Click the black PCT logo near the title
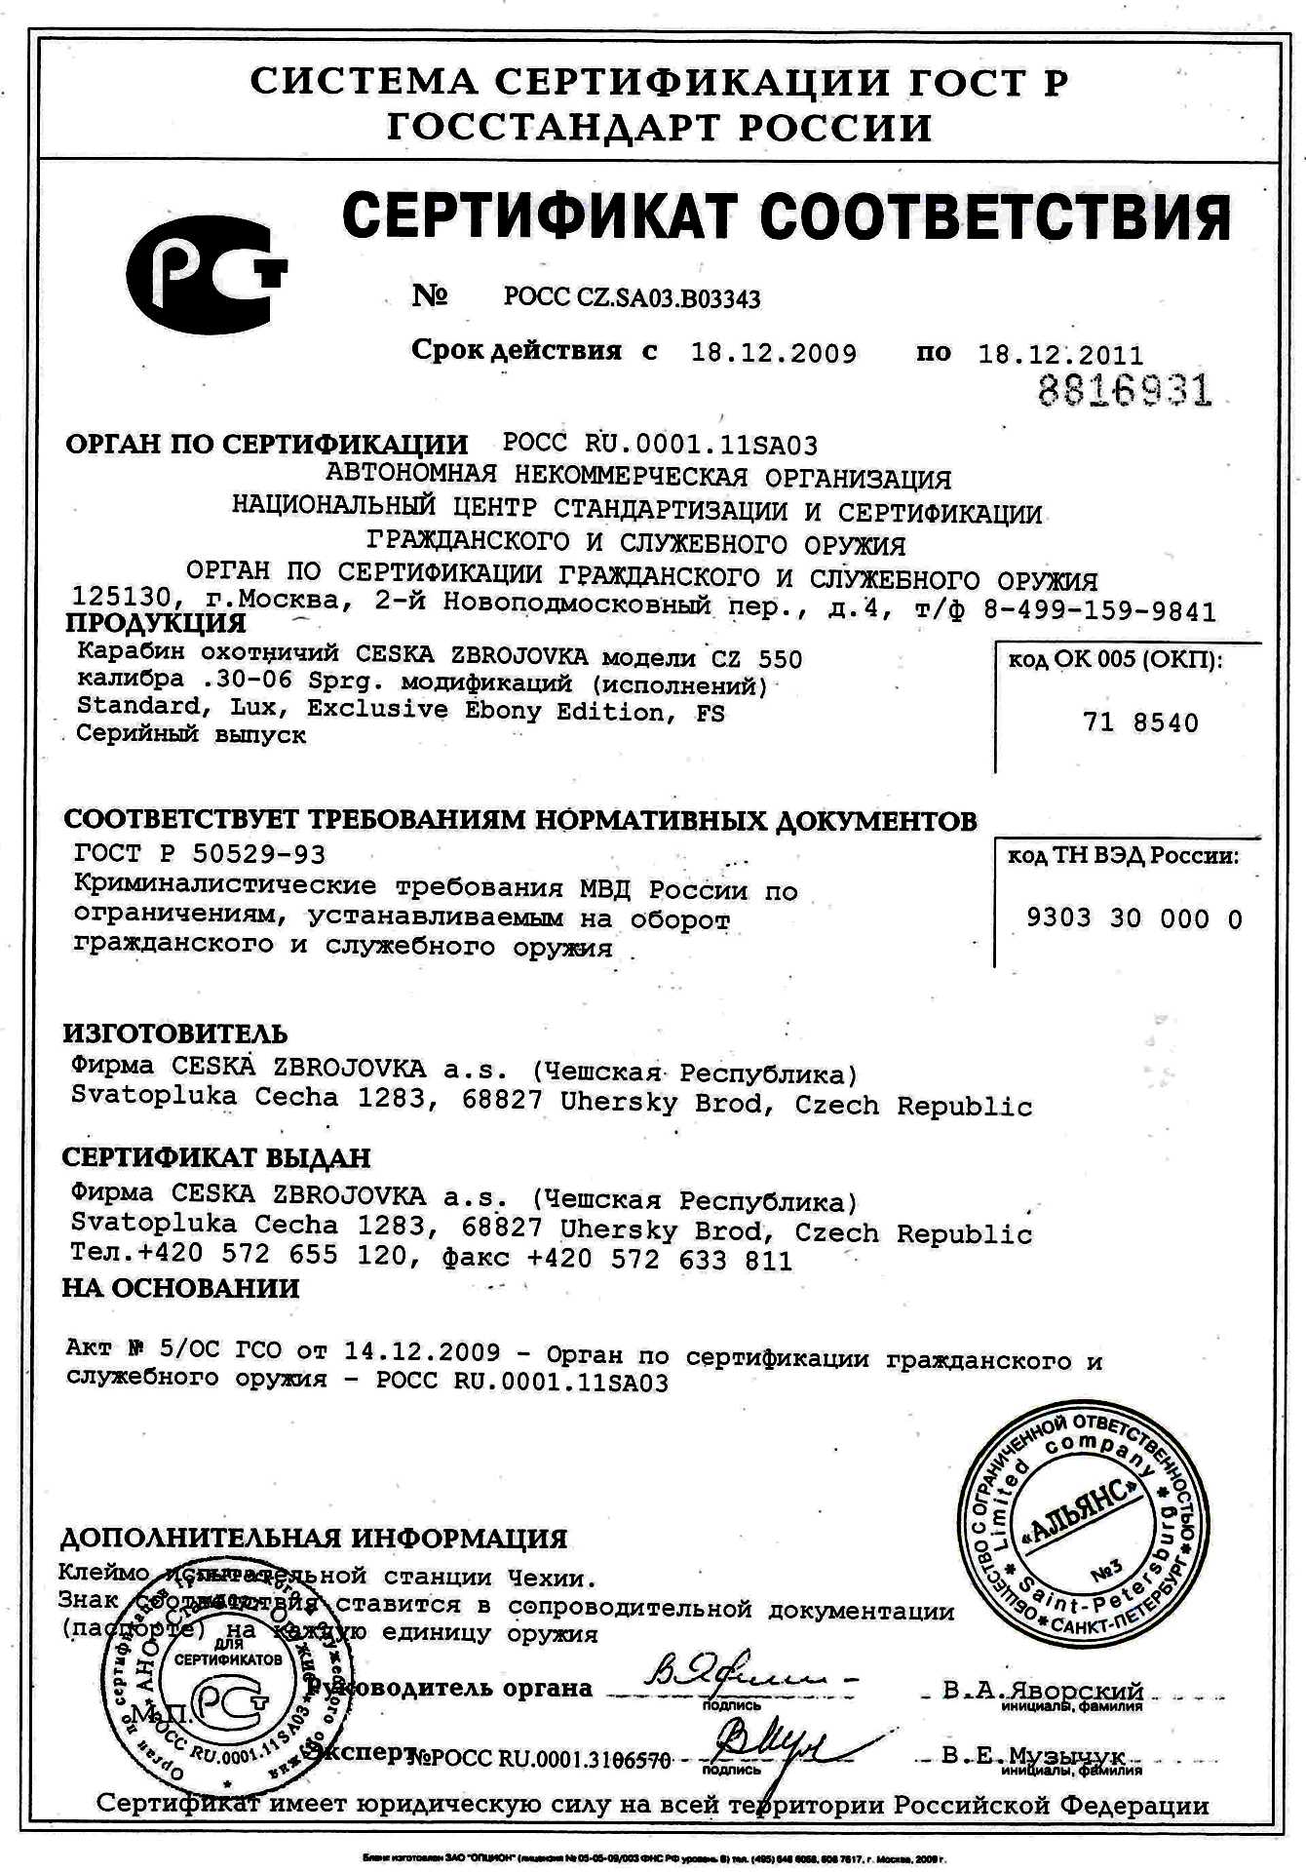click(x=206, y=276)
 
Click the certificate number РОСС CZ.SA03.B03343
click(x=632, y=297)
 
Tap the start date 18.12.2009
click(x=774, y=353)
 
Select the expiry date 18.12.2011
click(x=1060, y=355)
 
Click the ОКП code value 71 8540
click(x=1140, y=722)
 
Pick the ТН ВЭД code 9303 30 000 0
click(x=1133, y=918)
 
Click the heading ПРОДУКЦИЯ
click(x=156, y=623)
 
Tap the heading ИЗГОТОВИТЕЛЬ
click(x=175, y=1033)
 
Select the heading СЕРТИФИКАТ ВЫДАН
click(x=216, y=1158)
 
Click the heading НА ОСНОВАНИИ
click(x=180, y=1288)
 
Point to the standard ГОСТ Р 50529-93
click(x=200, y=854)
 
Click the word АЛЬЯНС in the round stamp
click(x=1081, y=1514)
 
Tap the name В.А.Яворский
click(x=1043, y=1690)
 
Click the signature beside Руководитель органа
click(x=741, y=1674)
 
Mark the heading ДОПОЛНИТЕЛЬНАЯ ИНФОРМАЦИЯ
click(x=314, y=1538)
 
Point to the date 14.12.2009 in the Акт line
click(x=421, y=1352)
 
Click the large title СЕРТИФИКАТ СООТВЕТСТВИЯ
click(x=786, y=216)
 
